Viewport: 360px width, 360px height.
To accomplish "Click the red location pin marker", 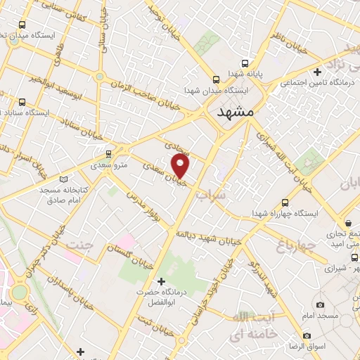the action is coord(181,166).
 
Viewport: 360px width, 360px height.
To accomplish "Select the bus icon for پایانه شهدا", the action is coord(217,79).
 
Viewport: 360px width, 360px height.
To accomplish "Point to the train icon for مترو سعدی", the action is coord(108,153).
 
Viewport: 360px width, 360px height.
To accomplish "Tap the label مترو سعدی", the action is coord(108,166).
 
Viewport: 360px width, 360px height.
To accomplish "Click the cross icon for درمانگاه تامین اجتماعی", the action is coord(318,72).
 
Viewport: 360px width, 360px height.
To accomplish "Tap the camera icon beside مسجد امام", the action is coord(321,304).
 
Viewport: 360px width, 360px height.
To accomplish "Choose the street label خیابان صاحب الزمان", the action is coord(141,95).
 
